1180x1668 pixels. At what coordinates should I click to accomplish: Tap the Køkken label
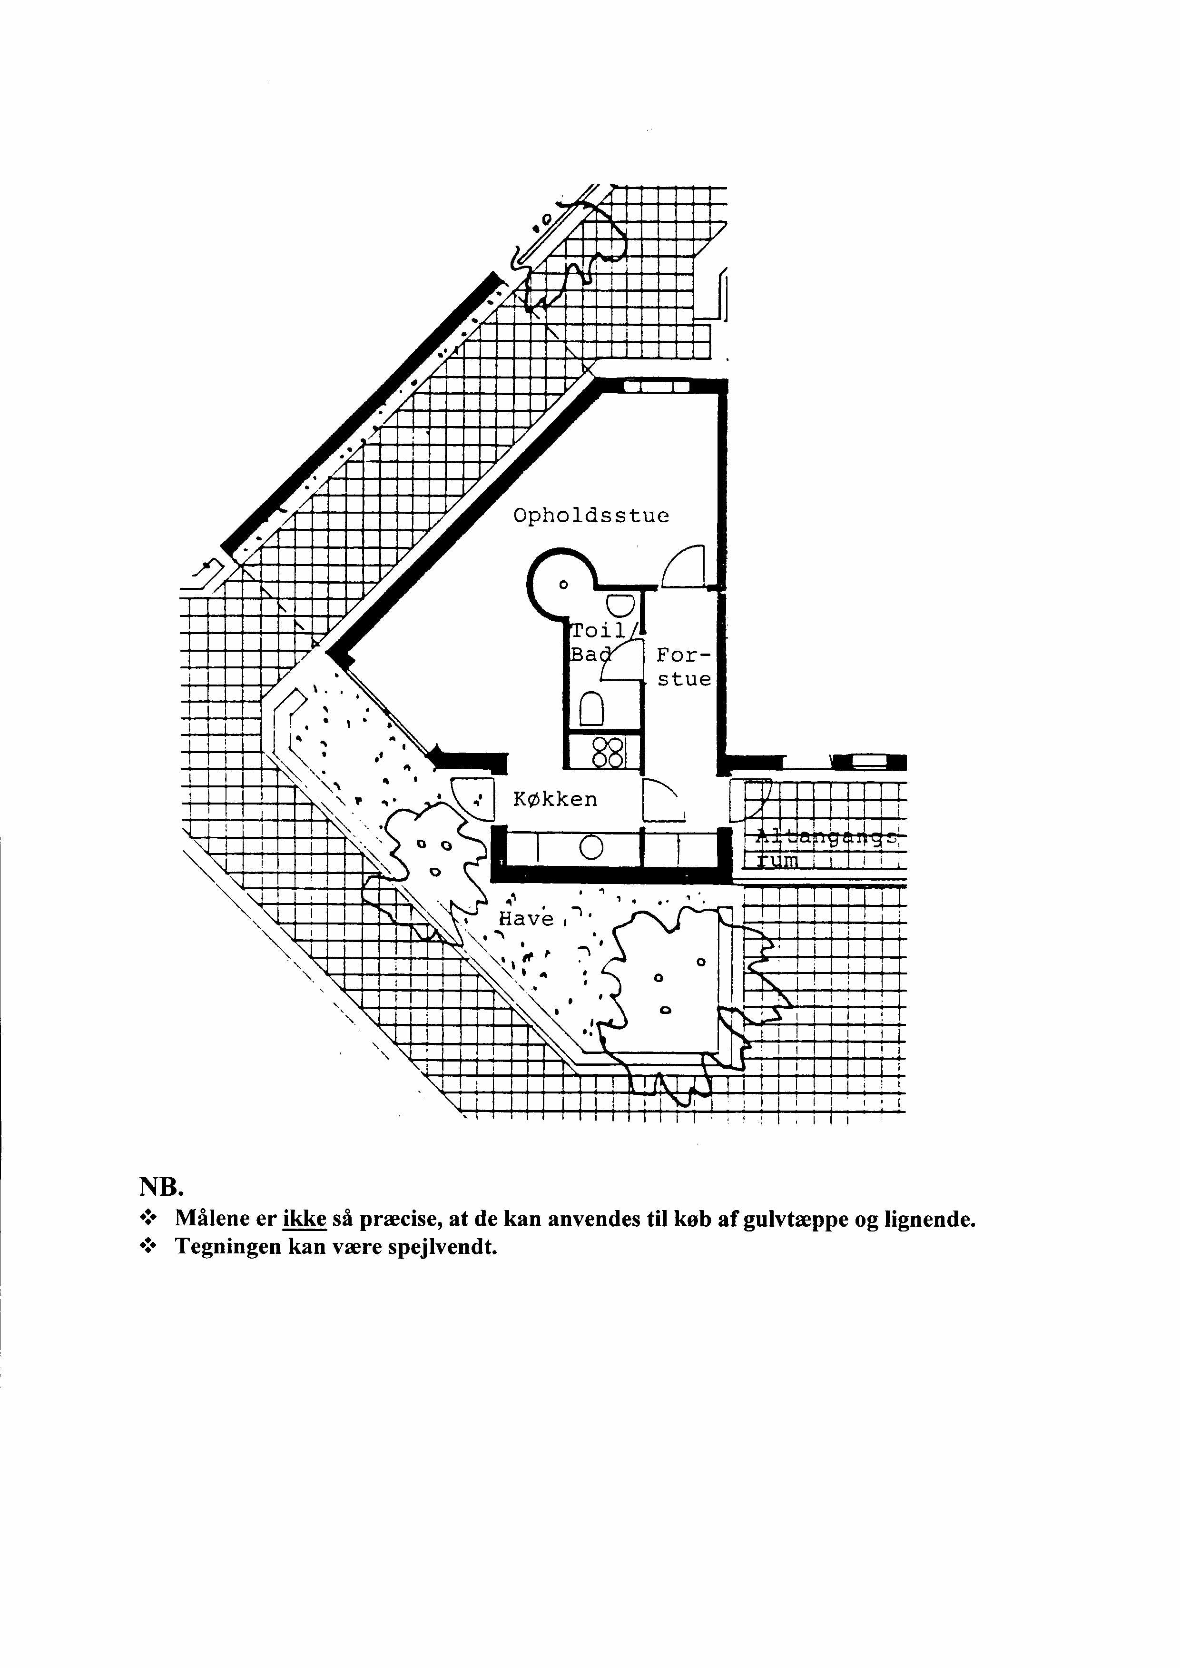pyautogui.click(x=555, y=799)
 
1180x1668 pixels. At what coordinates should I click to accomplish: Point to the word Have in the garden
pyautogui.click(x=527, y=919)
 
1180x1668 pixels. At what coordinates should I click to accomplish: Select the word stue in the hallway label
pyautogui.click(x=684, y=680)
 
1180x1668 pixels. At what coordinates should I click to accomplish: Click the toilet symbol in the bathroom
pyautogui.click(x=592, y=707)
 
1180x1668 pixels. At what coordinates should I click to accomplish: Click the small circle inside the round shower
pyautogui.click(x=562, y=585)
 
